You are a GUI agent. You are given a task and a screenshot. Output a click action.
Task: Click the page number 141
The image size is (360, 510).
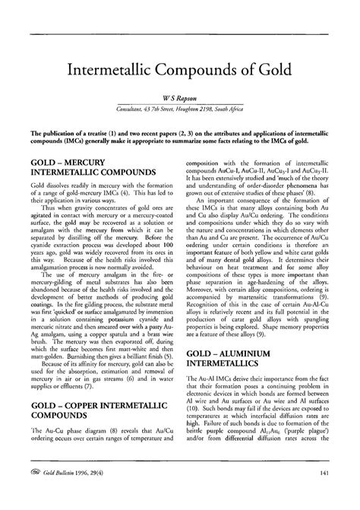[323, 495]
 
